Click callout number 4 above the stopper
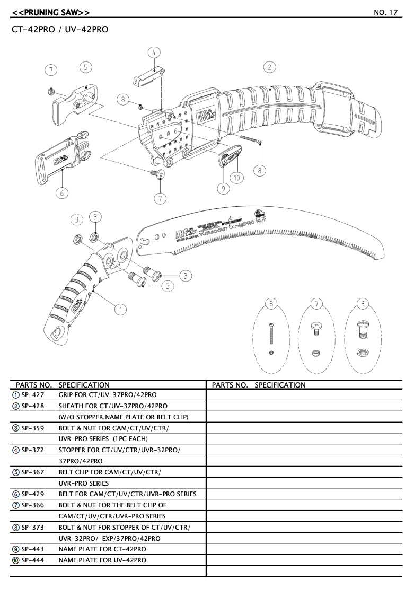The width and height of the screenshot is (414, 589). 154,52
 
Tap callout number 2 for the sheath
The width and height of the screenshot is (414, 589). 269,67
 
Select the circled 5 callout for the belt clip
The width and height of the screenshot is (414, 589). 86,67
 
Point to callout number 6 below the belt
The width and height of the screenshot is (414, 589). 61,193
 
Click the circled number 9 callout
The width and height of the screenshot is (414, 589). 223,188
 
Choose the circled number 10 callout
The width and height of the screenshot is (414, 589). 236,178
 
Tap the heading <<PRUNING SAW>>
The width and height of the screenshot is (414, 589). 50,12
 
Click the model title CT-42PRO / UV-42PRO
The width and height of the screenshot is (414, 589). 59,30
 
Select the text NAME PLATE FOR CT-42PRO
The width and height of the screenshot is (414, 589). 102,549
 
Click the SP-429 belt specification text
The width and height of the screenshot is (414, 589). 127,494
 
